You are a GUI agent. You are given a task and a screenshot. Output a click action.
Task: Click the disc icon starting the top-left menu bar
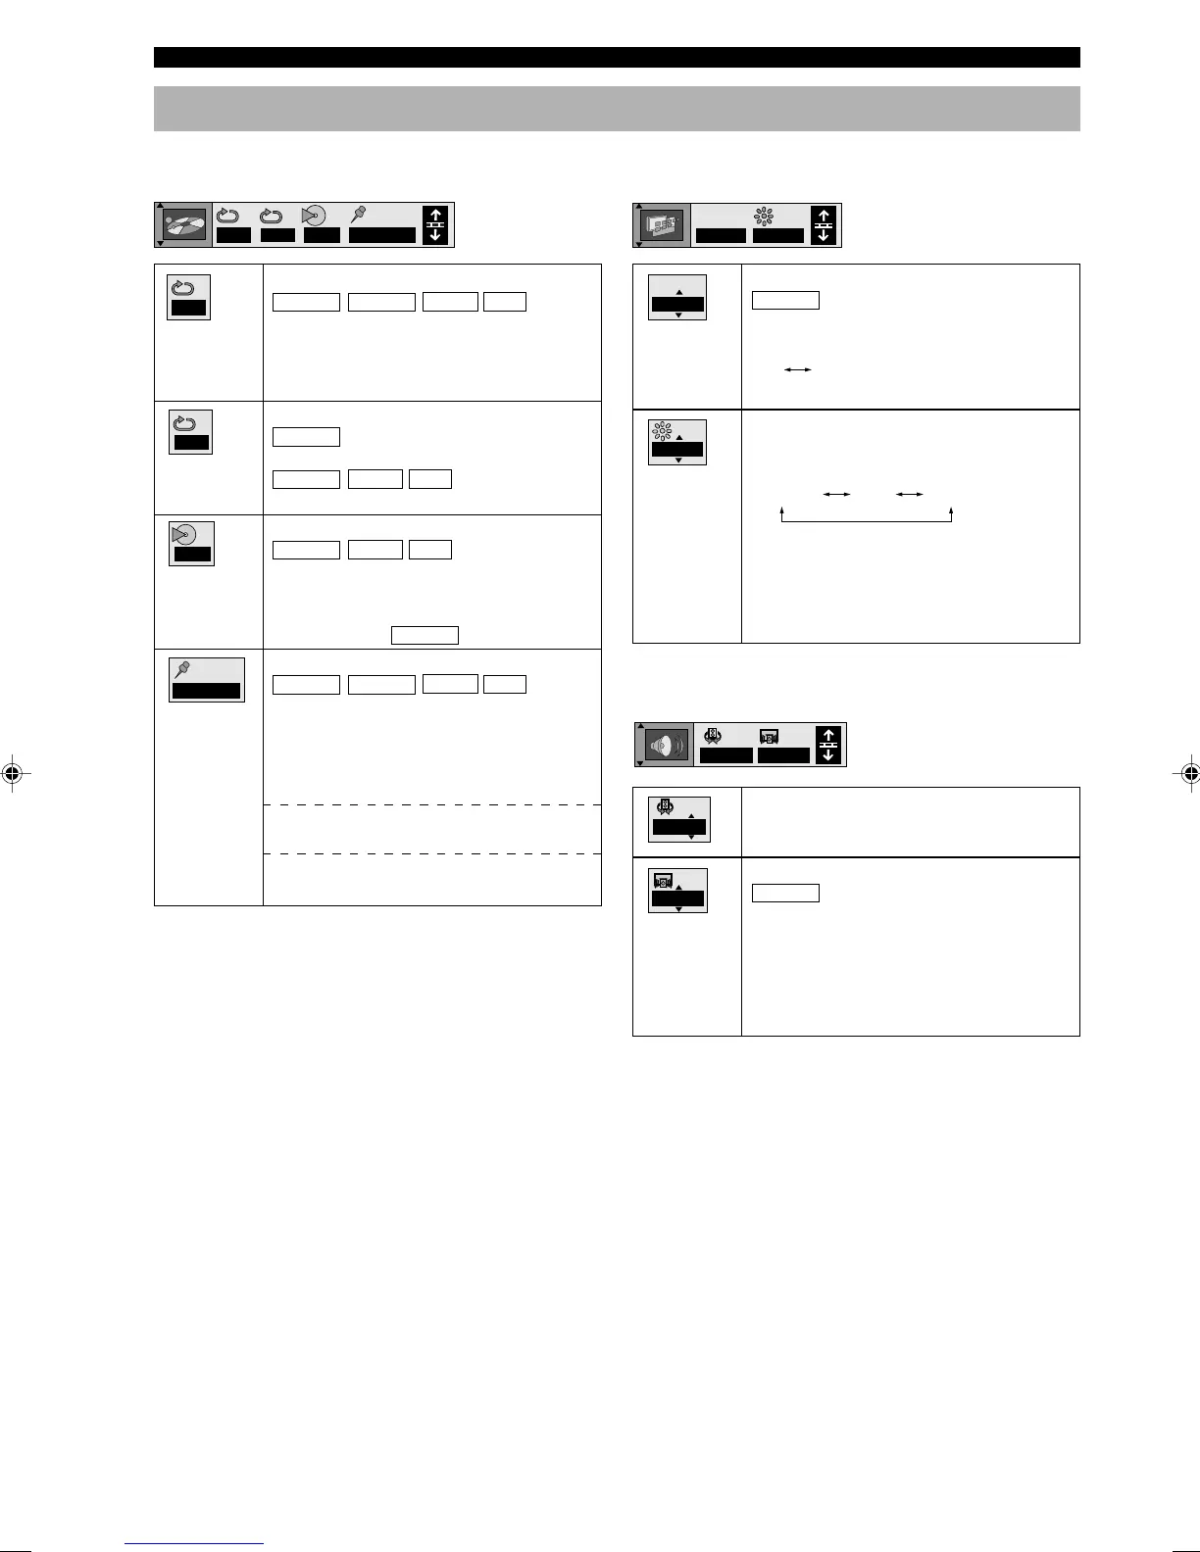point(184,224)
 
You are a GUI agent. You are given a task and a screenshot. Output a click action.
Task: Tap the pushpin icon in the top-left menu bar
point(358,215)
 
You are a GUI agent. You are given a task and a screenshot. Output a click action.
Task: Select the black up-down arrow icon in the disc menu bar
point(435,225)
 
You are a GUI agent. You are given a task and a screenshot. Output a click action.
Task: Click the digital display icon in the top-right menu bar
point(663,225)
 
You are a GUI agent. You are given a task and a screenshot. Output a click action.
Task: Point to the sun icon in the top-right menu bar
point(764,217)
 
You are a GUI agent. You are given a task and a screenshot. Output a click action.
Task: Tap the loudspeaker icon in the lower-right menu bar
point(667,745)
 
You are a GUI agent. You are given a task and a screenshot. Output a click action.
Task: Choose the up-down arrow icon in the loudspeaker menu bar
point(828,745)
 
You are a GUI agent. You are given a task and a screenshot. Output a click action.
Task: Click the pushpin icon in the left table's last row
point(183,669)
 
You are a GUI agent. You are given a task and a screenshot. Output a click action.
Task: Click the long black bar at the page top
point(617,57)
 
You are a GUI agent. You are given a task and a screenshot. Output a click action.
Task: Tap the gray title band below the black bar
point(617,109)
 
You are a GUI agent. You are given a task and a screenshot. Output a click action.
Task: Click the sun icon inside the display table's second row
point(662,430)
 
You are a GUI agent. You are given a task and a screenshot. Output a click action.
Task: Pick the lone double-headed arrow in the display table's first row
point(798,369)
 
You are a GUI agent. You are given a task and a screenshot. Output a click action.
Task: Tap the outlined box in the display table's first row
point(785,300)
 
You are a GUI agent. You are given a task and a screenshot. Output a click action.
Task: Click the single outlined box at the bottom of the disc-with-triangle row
point(425,635)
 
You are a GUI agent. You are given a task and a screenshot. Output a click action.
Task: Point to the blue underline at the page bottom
point(194,1544)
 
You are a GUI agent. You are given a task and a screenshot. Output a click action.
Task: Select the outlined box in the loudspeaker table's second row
point(785,893)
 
